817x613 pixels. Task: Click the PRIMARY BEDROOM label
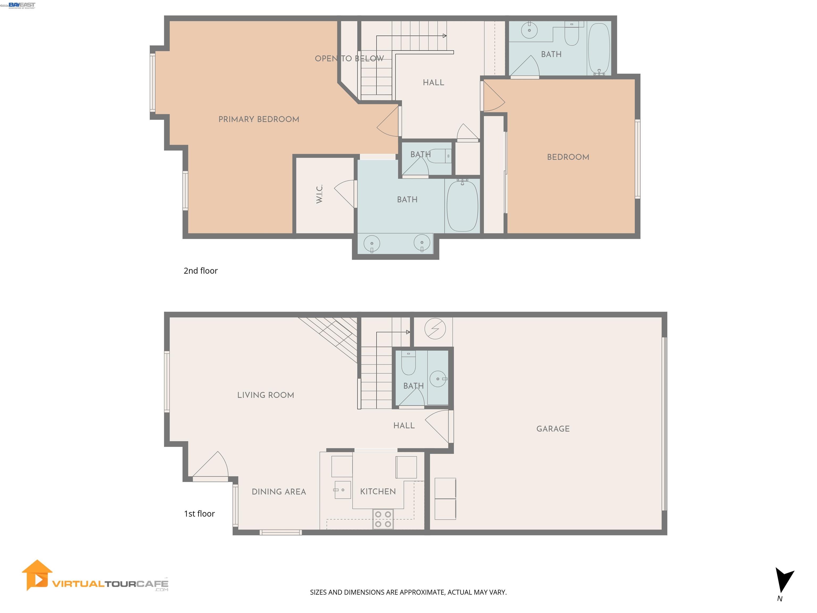pyautogui.click(x=259, y=119)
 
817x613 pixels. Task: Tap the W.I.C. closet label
pyautogui.click(x=319, y=194)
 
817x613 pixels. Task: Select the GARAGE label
pyautogui.click(x=553, y=429)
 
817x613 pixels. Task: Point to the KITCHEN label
pyautogui.click(x=378, y=491)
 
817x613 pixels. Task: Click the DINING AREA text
pyautogui.click(x=279, y=492)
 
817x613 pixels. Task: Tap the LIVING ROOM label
pyautogui.click(x=266, y=395)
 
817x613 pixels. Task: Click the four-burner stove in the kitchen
pyautogui.click(x=383, y=519)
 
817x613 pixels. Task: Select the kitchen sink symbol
pyautogui.click(x=342, y=490)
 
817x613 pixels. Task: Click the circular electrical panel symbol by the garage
pyautogui.click(x=435, y=329)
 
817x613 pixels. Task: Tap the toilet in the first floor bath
pyautogui.click(x=408, y=363)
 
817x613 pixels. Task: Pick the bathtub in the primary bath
pyautogui.click(x=462, y=206)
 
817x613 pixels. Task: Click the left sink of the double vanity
pyautogui.click(x=372, y=243)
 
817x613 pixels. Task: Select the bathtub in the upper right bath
pyautogui.click(x=599, y=49)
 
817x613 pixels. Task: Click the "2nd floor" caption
pyautogui.click(x=201, y=271)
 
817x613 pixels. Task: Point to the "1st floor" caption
pyautogui.click(x=199, y=513)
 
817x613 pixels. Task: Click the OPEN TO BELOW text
pyautogui.click(x=349, y=58)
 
